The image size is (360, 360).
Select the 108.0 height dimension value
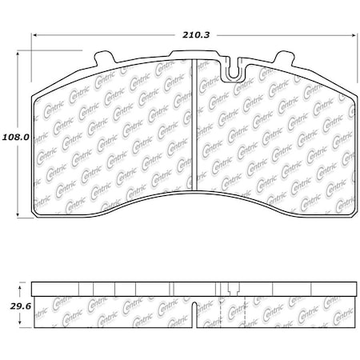point(15,136)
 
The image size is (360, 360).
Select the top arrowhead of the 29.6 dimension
point(18,286)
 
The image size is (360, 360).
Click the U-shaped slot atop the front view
point(233,70)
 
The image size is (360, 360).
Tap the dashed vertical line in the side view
point(218,312)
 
